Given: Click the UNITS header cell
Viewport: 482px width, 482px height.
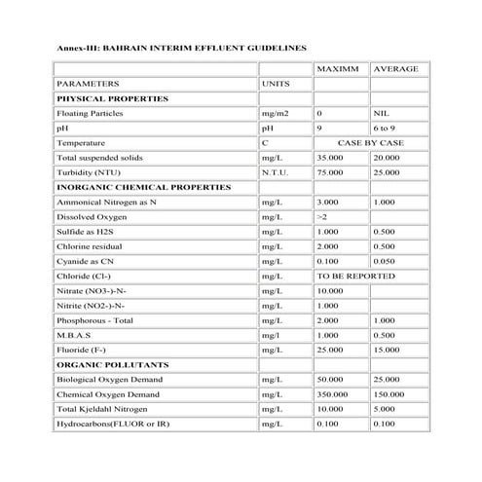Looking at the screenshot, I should [276, 85].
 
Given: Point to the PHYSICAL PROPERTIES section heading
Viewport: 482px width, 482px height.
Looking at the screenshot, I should [112, 99].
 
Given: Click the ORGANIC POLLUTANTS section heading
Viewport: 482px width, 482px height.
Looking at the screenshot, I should [113, 362].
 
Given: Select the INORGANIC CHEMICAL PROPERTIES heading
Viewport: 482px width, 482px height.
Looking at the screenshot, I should [143, 186].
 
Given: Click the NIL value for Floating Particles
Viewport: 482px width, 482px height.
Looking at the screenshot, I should [381, 114].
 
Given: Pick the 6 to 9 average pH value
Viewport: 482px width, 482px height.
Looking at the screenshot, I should [386, 129].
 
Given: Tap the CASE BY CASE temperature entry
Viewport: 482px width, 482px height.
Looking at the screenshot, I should [370, 143].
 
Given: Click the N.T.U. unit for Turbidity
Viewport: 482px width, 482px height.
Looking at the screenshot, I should [276, 172].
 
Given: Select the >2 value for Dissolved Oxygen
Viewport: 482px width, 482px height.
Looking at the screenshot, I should [322, 216].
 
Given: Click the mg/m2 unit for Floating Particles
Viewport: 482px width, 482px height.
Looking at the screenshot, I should [277, 114].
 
